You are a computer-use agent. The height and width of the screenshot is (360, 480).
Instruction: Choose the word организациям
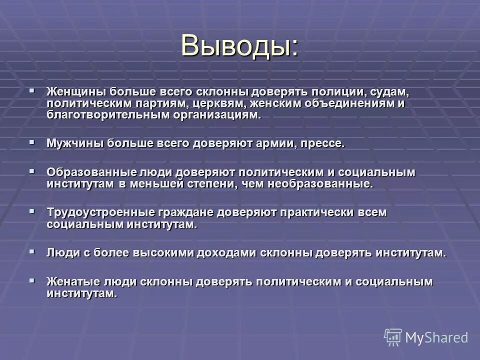pos(216,114)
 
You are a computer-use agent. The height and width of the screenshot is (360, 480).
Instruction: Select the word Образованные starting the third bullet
pos(84,172)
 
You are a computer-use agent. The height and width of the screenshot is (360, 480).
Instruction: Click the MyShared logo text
pos(436,337)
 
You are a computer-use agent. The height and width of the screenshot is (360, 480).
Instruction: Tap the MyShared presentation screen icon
pos(393,337)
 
